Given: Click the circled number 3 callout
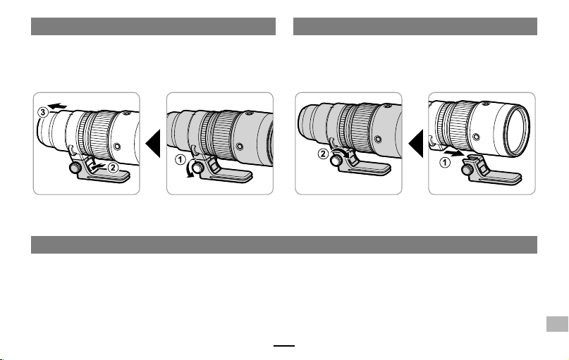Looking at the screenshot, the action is (x=43, y=113).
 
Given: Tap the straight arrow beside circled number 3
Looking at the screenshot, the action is (x=58, y=106).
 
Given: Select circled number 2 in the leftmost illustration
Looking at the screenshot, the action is (x=113, y=168).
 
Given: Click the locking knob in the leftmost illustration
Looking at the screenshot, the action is (x=75, y=168).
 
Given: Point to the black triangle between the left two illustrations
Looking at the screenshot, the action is (x=153, y=144).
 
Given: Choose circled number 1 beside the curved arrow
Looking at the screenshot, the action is (x=181, y=159).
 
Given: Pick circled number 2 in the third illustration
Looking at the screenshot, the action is (x=323, y=154).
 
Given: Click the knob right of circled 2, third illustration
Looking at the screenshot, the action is (x=336, y=160).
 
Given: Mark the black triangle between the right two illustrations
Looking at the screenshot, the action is (x=416, y=144).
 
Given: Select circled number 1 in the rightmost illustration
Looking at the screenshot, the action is (x=445, y=163).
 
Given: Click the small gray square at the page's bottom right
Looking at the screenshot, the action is (x=558, y=324).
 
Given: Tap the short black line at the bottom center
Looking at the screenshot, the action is (x=284, y=346).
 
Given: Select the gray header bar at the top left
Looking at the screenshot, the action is (x=153, y=26).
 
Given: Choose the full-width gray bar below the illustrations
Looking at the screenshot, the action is (x=284, y=244).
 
